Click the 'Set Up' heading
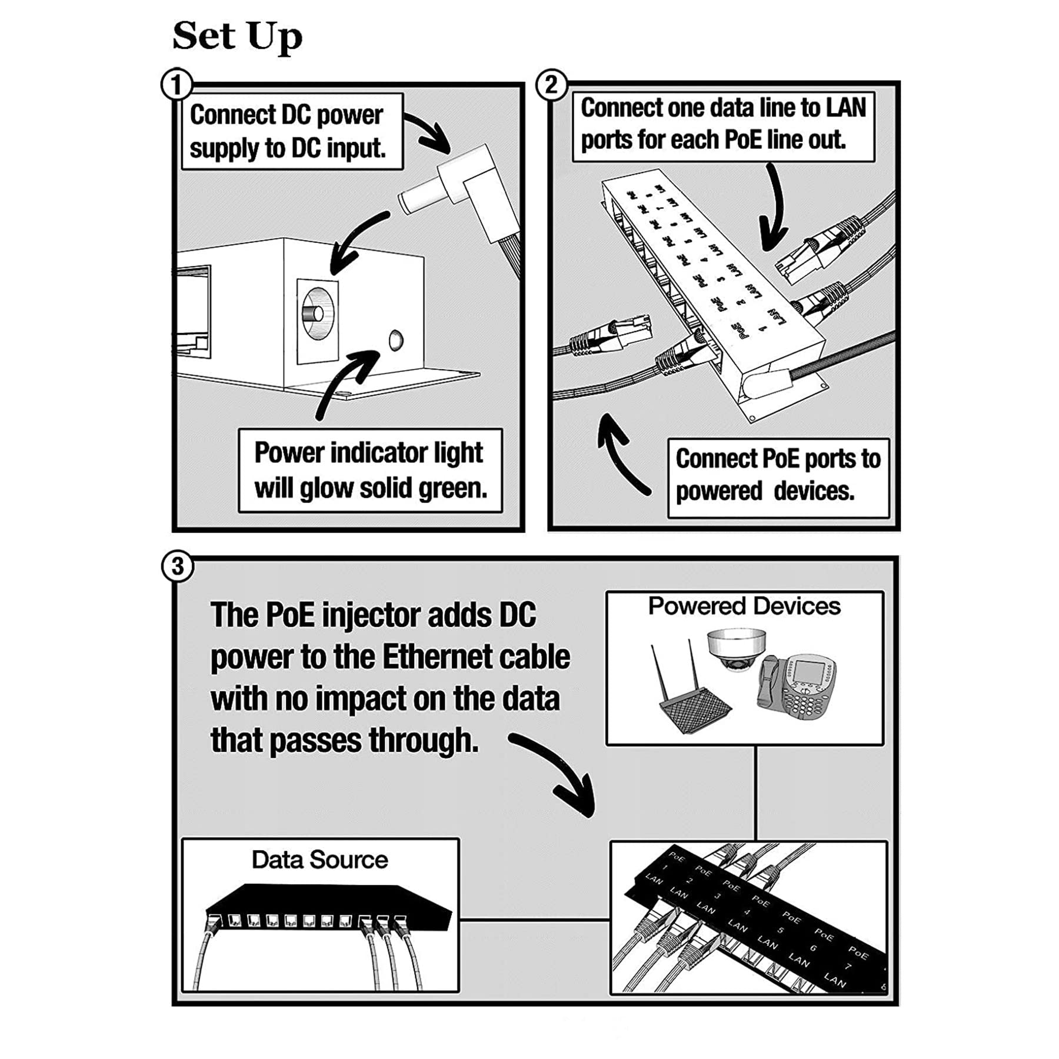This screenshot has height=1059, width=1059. tap(237, 36)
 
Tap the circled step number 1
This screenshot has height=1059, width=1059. tap(176, 85)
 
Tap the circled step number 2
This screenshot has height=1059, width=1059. tap(551, 85)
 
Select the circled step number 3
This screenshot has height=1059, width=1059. tap(177, 567)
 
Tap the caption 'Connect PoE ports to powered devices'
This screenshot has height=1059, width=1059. tap(778, 475)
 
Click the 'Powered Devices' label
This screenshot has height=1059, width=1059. tap(744, 606)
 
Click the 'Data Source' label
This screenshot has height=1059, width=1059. tap(319, 860)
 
